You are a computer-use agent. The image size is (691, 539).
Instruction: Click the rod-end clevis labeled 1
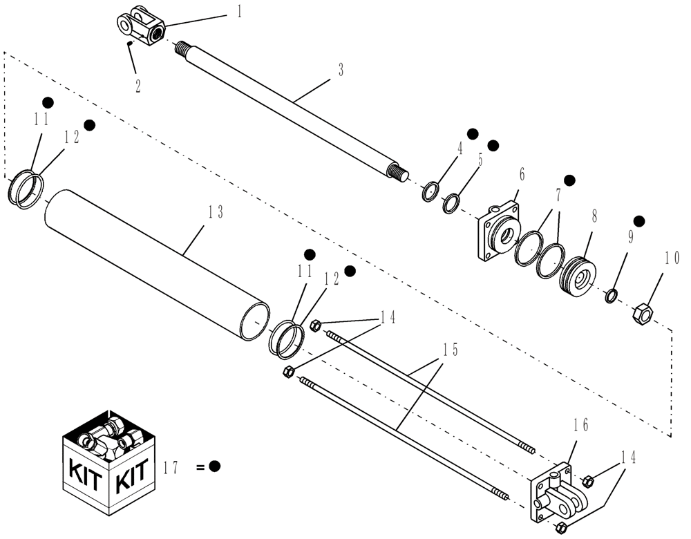point(140,28)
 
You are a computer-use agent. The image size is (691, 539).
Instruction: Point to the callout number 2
point(138,86)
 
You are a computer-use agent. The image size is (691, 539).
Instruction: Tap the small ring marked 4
point(430,191)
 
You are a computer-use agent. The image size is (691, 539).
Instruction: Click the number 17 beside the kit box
point(171,467)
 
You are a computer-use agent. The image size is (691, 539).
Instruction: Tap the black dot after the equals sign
point(214,466)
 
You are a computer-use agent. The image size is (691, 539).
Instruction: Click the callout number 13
point(216,213)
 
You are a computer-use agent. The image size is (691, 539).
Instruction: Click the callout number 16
point(581,426)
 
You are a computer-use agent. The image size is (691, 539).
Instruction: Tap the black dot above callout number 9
point(639,220)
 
